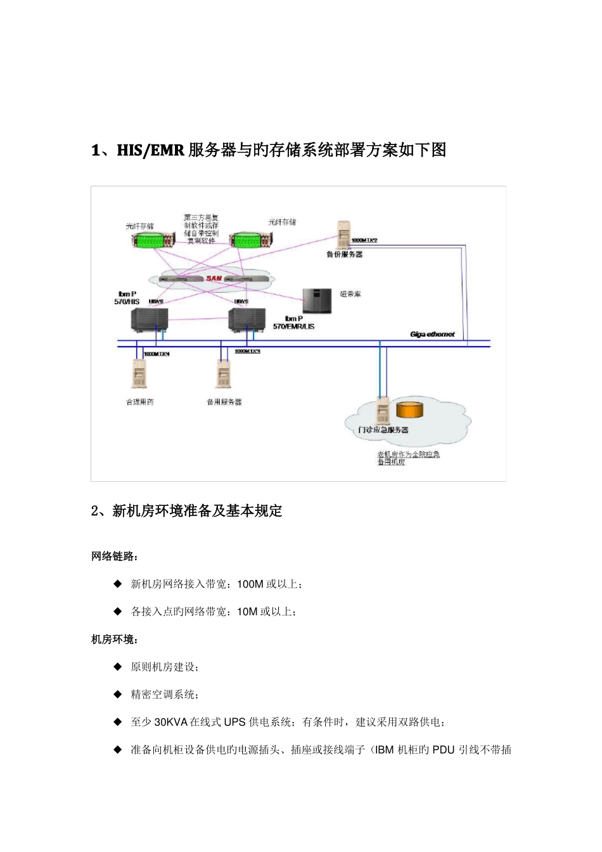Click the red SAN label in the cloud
(214, 279)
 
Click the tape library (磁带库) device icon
(317, 301)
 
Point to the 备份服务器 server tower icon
(344, 234)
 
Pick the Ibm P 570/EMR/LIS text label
(293, 322)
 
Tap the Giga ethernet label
(432, 334)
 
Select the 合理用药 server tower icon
(139, 373)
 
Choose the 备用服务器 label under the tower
(224, 402)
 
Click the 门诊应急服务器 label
(383, 430)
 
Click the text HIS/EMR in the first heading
(150, 150)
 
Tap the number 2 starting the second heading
(95, 511)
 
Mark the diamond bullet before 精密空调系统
(117, 694)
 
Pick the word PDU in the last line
(443, 750)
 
